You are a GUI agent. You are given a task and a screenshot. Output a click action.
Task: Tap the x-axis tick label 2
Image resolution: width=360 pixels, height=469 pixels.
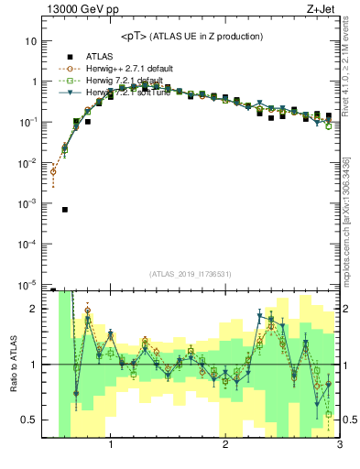(225, 449)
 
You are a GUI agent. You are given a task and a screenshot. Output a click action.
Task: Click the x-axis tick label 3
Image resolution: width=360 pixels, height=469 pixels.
(339, 449)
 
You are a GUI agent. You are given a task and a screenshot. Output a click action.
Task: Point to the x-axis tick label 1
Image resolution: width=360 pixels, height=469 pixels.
(111, 449)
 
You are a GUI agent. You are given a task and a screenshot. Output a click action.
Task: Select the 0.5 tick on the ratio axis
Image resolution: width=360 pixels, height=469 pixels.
(29, 420)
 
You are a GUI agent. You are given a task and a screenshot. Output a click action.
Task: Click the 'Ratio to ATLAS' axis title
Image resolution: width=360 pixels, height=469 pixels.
(12, 365)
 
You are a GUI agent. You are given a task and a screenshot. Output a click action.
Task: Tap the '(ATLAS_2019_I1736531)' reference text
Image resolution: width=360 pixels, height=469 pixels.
(191, 274)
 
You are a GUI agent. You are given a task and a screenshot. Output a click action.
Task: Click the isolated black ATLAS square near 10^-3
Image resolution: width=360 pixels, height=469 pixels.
(65, 210)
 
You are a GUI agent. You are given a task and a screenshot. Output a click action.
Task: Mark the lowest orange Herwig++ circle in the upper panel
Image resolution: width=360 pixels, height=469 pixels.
(53, 171)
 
